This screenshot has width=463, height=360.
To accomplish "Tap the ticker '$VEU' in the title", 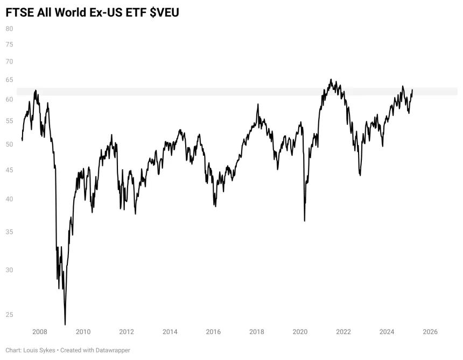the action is (x=164, y=13).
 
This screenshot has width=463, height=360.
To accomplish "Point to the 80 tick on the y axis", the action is (x=10, y=29).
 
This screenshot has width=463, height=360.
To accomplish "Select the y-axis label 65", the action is (x=10, y=80).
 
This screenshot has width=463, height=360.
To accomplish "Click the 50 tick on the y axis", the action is (x=10, y=144).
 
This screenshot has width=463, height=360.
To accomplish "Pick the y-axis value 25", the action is (x=10, y=315).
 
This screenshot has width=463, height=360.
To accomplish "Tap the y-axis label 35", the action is (x=10, y=232).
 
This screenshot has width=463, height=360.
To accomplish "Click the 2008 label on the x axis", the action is (x=39, y=332).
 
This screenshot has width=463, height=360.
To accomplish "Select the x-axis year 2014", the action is (x=170, y=332).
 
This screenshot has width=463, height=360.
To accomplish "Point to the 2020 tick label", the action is (x=300, y=332).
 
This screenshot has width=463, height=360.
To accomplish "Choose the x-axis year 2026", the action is (x=430, y=332).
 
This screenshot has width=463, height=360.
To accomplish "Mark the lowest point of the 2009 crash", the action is (x=65, y=325).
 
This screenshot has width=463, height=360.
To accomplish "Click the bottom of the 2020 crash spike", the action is (x=304, y=221).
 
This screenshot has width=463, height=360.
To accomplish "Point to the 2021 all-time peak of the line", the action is (x=331, y=79).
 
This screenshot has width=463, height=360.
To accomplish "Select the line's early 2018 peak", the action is (x=258, y=104).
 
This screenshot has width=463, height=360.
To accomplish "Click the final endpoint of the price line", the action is (x=412, y=90).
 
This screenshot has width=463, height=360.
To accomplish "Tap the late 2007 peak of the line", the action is (x=36, y=90).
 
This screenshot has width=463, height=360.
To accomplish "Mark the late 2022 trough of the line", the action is (x=360, y=175).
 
